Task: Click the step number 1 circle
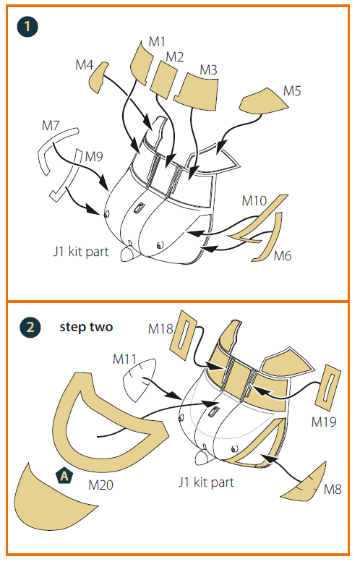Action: click(x=27, y=26)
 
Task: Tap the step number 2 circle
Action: click(x=30, y=327)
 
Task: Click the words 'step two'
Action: click(x=86, y=327)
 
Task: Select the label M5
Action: click(x=292, y=91)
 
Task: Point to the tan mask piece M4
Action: click(x=98, y=76)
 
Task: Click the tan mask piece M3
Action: click(x=197, y=91)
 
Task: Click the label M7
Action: click(x=51, y=126)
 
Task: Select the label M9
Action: click(x=94, y=156)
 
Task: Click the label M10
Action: click(x=254, y=200)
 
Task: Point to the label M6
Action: click(x=282, y=256)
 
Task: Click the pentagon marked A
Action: click(x=64, y=476)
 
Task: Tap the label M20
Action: click(x=101, y=485)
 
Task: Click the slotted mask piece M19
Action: click(x=328, y=387)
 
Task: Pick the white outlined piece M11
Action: click(x=139, y=380)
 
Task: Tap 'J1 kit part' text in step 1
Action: click(x=81, y=252)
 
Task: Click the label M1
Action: click(x=157, y=42)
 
